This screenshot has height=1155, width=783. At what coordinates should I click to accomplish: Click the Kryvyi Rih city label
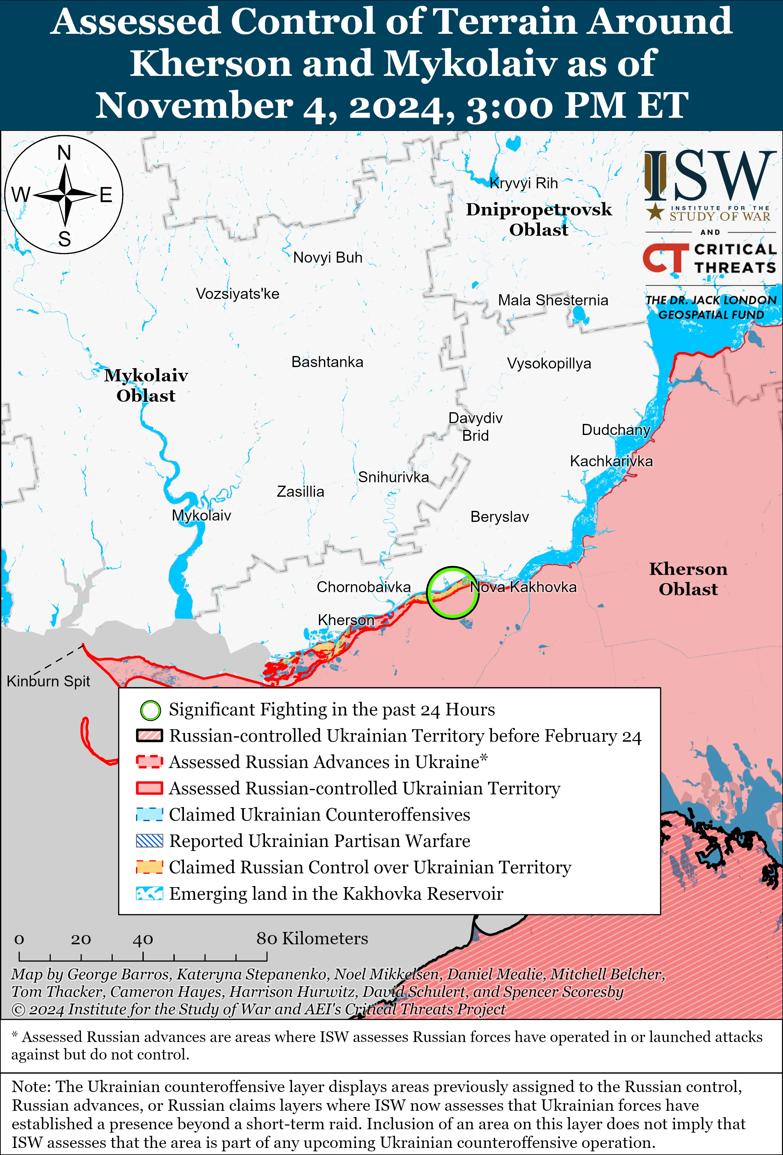tap(524, 183)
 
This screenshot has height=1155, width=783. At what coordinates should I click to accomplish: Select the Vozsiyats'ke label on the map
tap(237, 294)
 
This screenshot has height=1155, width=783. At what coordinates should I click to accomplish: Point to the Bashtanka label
tap(327, 362)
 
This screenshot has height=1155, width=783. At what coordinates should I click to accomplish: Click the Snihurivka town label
tap(393, 477)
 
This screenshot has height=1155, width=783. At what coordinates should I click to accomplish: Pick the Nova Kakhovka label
tap(523, 587)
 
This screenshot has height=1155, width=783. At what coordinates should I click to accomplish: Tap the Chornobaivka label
tap(364, 587)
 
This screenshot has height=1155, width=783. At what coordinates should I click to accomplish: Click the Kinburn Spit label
tap(48, 681)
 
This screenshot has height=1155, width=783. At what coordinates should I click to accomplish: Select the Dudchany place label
tap(616, 429)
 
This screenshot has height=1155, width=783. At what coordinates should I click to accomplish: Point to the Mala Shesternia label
tap(553, 300)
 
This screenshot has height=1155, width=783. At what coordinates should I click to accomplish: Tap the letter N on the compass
tap(64, 153)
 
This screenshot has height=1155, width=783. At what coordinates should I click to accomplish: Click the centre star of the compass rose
tap(64, 195)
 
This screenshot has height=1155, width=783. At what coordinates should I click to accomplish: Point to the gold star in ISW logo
tap(655, 212)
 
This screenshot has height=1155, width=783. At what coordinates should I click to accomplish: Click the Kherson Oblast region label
tap(688, 579)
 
